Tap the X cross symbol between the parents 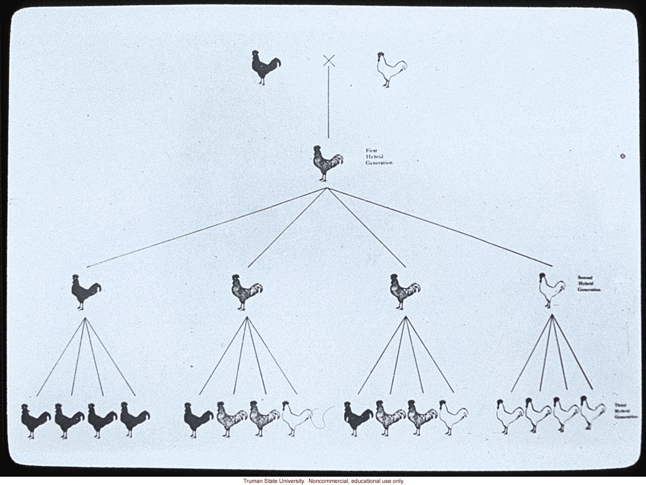pyautogui.click(x=329, y=61)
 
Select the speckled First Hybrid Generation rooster pyautogui.click(x=327, y=163)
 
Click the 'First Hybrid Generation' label pyautogui.click(x=379, y=157)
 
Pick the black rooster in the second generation pyautogui.click(x=86, y=292)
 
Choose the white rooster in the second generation pyautogui.click(x=551, y=290)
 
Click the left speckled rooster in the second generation pyautogui.click(x=246, y=292)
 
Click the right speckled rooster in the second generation pyautogui.click(x=404, y=292)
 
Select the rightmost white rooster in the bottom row pyautogui.click(x=592, y=412)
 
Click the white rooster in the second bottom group pyautogui.click(x=296, y=418)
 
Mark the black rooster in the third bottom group pyautogui.click(x=358, y=418)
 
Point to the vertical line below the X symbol pyautogui.click(x=328, y=104)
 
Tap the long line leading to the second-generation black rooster pyautogui.click(x=207, y=227)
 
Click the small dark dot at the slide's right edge pyautogui.click(x=623, y=156)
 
